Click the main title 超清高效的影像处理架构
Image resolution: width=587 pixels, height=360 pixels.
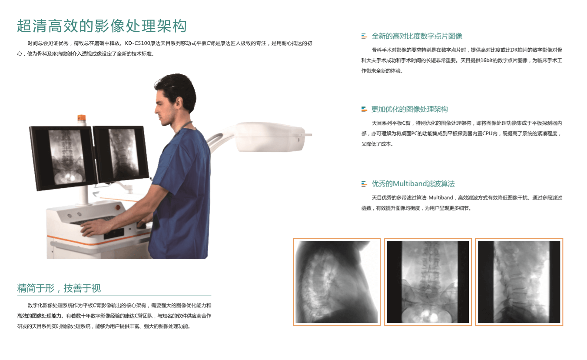pos(102,26)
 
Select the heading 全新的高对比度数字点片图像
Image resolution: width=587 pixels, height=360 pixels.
pos(417,36)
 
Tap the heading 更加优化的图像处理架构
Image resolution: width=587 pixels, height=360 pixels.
pos(409,109)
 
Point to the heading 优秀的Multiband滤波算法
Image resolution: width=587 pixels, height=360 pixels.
pos(413,184)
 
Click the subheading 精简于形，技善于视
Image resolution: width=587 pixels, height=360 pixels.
pos(59,288)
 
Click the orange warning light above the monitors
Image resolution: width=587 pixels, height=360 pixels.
pos(81,119)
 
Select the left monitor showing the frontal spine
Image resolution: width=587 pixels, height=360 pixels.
pos(64,157)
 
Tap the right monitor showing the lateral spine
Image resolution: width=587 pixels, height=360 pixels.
pos(121,155)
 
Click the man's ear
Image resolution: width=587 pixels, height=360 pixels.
pos(179,103)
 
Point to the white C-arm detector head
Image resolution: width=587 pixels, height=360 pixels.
pos(270,137)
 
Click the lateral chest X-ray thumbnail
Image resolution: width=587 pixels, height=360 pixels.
pos(336,282)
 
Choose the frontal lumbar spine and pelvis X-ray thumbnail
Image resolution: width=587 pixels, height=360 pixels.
pos(428,282)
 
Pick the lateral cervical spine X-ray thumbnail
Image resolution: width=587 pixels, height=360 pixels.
pos(519,282)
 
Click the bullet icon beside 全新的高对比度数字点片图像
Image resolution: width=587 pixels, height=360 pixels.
pos(364,36)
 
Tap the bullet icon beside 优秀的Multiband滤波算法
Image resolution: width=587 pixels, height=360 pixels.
pos(364,184)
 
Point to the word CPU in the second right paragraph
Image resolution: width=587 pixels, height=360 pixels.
pos(487,133)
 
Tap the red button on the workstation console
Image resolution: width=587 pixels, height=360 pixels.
pos(118,207)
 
